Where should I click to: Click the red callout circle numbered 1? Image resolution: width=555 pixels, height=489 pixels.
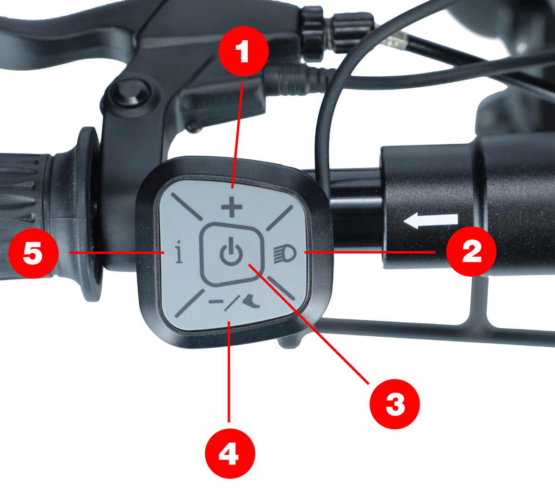[244, 51]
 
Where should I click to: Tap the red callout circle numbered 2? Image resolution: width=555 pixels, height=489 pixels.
[471, 251]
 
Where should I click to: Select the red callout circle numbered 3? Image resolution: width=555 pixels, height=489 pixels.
[395, 404]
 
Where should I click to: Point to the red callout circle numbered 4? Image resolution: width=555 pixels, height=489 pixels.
[230, 453]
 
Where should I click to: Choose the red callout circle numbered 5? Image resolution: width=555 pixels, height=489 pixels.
[33, 253]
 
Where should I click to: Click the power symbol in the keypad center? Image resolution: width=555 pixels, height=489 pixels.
[231, 251]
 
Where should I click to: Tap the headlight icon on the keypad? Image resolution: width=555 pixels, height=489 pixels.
[285, 254]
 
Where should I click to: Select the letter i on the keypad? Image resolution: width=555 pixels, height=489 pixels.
[179, 251]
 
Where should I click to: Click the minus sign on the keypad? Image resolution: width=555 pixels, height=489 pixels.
[216, 302]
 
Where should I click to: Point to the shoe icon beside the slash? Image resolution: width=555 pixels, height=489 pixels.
[251, 302]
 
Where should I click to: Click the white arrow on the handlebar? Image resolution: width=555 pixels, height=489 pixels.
[431, 220]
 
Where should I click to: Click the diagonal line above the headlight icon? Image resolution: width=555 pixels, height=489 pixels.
[279, 218]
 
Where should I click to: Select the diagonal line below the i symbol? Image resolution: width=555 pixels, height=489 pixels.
[190, 303]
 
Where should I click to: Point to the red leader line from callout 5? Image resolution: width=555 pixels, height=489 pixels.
[117, 252]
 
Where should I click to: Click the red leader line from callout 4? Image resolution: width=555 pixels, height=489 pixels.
[229, 372]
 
